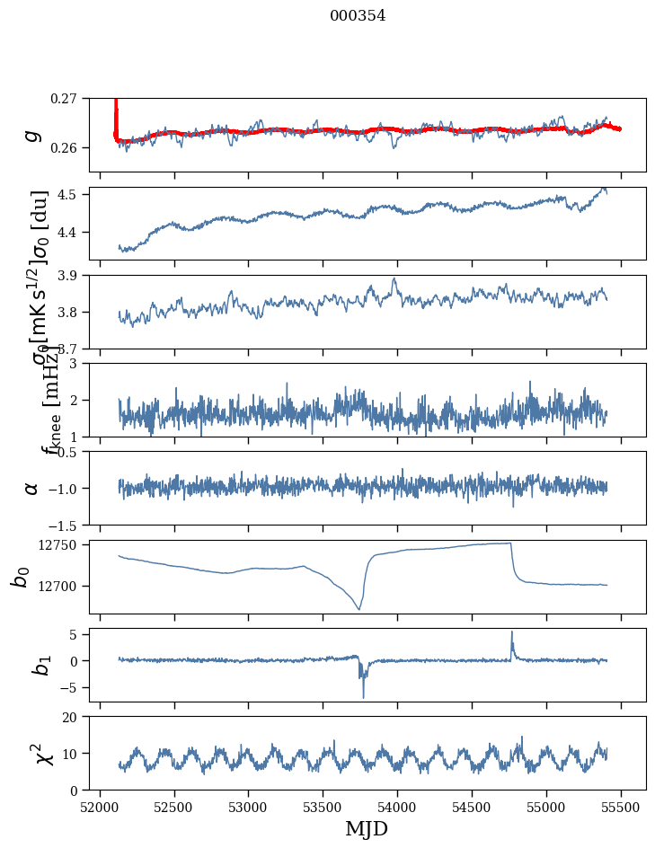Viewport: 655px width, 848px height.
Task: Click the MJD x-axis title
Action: point(367,828)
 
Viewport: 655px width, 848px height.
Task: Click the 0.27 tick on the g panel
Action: point(65,98)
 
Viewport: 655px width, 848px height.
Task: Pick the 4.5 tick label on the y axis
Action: point(70,194)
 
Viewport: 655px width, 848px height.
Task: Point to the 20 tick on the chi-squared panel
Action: point(72,717)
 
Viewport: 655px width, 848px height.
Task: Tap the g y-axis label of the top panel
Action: point(32,135)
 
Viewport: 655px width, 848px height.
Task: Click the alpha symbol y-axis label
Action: point(32,488)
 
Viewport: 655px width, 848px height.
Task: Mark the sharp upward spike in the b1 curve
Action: point(512,632)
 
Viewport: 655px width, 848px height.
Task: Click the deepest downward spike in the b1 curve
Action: point(364,697)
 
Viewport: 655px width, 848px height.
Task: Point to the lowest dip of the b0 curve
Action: point(359,610)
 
